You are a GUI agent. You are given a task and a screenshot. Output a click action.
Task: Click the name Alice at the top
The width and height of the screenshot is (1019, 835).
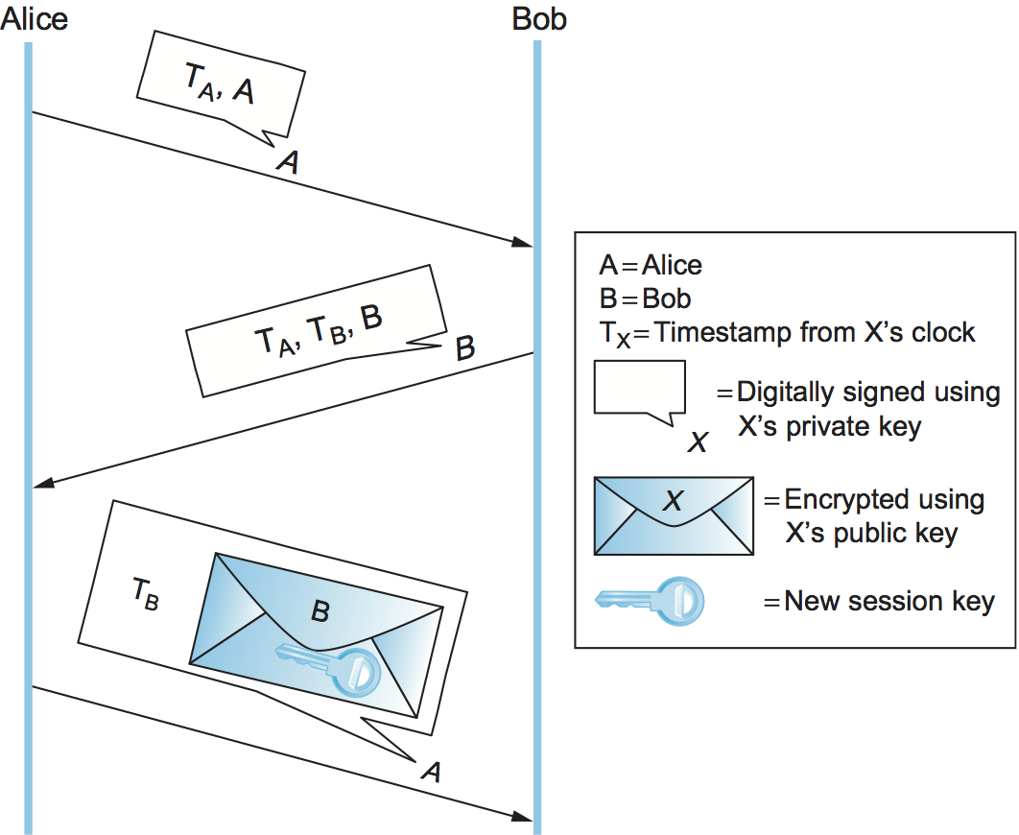[35, 18]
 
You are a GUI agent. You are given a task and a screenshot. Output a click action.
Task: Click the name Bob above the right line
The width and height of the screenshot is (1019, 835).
[539, 18]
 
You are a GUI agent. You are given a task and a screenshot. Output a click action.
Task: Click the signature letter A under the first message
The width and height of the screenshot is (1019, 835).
[287, 163]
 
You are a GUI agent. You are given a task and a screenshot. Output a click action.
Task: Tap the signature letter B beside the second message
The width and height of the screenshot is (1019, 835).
[464, 346]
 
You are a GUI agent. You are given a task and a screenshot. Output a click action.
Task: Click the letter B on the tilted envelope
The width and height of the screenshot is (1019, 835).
[320, 610]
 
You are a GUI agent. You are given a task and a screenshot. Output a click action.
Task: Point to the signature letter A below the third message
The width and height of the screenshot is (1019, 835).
[432, 770]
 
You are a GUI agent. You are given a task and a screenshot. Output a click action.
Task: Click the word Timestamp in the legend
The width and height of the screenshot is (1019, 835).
[725, 332]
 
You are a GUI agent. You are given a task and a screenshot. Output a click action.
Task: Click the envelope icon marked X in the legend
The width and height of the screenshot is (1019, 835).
[674, 514]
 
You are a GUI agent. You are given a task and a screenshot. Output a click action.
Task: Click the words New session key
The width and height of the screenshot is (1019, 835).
[889, 602]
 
